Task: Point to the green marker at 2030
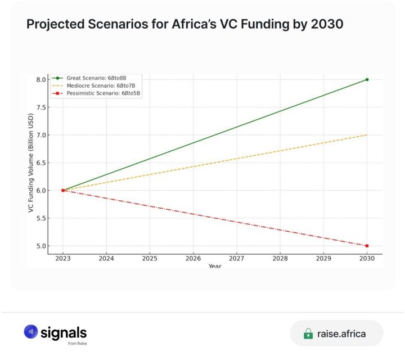(x=367, y=79)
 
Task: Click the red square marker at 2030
(x=367, y=246)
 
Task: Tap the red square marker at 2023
(x=63, y=190)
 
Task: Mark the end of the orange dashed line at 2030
(x=367, y=134)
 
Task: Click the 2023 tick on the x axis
(x=63, y=258)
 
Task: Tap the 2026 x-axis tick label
(x=193, y=258)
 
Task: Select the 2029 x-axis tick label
(x=323, y=258)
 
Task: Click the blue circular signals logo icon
(x=30, y=332)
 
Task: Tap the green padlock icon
(x=308, y=334)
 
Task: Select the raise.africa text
(x=341, y=334)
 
